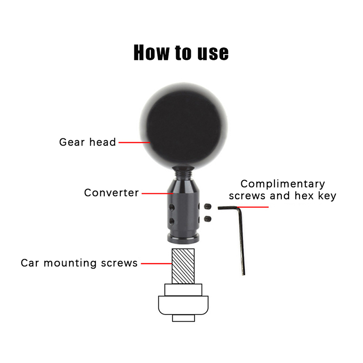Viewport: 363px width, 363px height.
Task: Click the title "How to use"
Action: coord(181,53)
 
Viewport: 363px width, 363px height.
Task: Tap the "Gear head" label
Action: coord(88,142)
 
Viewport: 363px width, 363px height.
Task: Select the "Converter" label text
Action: coord(111,193)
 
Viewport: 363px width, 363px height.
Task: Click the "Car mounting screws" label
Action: coord(79,263)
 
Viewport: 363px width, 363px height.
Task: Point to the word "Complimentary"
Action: coord(283,184)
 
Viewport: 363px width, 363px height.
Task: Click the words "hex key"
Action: coord(315,196)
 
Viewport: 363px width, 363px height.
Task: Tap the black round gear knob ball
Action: coord(184,125)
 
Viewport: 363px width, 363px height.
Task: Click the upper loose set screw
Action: coord(208,206)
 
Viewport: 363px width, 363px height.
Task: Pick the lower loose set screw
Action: coord(208,219)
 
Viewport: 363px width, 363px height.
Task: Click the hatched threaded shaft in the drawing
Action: coord(183,266)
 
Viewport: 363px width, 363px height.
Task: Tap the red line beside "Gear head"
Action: coord(134,142)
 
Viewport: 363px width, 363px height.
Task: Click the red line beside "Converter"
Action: coord(157,193)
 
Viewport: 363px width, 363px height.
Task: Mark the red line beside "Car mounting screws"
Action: coord(157,264)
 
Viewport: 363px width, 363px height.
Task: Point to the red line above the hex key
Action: coord(253,207)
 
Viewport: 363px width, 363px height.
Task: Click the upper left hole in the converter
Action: coord(172,207)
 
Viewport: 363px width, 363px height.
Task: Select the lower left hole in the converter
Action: coord(172,221)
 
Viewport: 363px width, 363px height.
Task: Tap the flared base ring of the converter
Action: coord(183,239)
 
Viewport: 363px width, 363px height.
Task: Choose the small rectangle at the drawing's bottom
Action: coord(183,318)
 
